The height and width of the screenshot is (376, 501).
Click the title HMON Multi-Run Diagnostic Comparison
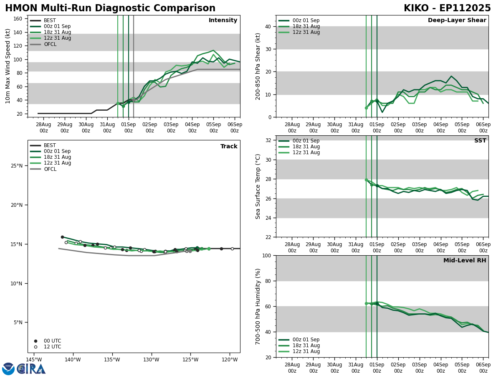coord(110,8)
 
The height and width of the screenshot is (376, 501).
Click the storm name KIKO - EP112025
coord(447,8)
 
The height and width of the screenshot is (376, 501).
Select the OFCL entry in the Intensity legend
coord(50,44)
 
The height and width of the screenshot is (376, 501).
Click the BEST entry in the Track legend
coord(50,145)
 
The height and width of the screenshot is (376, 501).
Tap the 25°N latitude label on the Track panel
coord(17,166)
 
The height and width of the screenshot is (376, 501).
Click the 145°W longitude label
coord(34,360)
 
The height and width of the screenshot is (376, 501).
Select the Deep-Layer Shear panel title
coord(457,20)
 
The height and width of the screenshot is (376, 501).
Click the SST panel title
coord(480,141)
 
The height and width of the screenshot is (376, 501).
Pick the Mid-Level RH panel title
coord(464,261)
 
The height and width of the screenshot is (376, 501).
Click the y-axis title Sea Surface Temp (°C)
coord(258,186)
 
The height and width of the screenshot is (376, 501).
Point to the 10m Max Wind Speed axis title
coord(8,66)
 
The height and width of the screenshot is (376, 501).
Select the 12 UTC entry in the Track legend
coord(52,347)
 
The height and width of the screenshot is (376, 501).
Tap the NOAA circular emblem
coord(8,369)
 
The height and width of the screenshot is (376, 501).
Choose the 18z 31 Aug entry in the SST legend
coord(306,147)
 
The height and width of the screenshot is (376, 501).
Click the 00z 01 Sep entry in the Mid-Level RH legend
coord(306,340)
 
